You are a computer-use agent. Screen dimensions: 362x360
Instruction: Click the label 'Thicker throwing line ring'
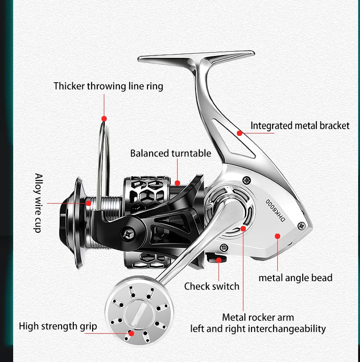[108, 86]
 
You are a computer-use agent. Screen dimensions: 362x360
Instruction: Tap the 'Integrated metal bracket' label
[300, 126]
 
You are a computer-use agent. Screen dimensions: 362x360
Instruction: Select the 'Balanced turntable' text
[171, 153]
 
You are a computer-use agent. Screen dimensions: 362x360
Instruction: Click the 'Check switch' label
[211, 286]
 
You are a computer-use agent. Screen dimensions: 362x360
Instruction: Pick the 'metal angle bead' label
[295, 278]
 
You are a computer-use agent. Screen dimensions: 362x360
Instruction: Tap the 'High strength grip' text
[58, 326]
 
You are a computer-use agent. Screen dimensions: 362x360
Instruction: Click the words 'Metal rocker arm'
[258, 317]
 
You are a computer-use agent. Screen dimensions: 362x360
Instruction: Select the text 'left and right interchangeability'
[258, 329]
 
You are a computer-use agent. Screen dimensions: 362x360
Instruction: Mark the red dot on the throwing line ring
[104, 119]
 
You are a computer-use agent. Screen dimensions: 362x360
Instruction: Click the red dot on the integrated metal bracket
[239, 133]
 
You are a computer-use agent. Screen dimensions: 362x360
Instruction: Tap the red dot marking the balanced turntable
[177, 182]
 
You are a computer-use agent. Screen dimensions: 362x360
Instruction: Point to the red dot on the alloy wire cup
[89, 203]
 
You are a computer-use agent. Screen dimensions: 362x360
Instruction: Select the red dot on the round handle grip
[132, 332]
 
